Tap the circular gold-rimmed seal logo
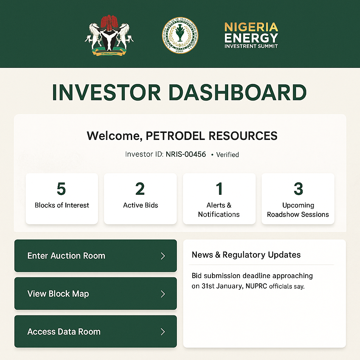(180, 36)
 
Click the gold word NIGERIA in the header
(251, 27)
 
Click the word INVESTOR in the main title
(107, 93)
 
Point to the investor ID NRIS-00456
(186, 154)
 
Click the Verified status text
(227, 155)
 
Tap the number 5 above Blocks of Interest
(61, 189)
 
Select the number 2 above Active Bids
(140, 189)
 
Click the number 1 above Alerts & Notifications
(219, 189)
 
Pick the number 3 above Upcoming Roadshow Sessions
(298, 189)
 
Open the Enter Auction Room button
(95, 256)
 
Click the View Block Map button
(95, 294)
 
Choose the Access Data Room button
(95, 332)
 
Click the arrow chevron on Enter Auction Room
(163, 256)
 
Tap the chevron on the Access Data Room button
(163, 332)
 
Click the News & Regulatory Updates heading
(246, 255)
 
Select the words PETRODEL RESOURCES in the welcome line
(212, 136)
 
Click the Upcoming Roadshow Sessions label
(298, 210)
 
